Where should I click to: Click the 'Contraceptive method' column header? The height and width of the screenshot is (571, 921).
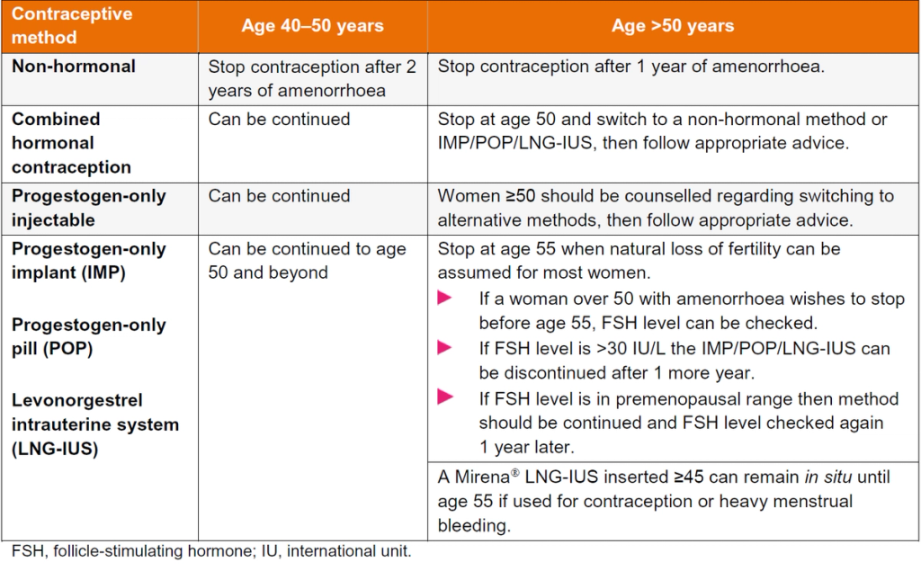coord(71,27)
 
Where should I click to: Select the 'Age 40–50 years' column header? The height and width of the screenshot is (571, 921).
coord(312,26)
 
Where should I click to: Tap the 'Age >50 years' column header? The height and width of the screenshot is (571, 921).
coord(673,26)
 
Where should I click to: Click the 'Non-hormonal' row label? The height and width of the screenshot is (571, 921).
coord(74,67)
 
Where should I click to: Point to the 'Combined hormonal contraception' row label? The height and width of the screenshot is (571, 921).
coord(72,143)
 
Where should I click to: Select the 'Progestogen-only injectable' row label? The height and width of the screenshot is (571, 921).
coord(89,208)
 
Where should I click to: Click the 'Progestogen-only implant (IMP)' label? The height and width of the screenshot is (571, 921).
coord(89,261)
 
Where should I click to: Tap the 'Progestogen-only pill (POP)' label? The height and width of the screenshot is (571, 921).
coord(89,336)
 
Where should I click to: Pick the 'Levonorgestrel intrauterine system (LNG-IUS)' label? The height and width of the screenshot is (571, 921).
coord(95,424)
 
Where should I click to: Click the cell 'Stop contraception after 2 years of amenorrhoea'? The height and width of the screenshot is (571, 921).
coord(312,78)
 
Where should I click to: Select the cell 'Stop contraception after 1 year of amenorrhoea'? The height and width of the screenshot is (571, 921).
coord(631,67)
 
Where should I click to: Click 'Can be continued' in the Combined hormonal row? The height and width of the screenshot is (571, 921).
coord(279,120)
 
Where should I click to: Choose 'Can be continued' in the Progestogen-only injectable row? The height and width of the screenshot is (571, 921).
coord(279,196)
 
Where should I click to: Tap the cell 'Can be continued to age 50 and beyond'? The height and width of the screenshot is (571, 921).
coord(307,261)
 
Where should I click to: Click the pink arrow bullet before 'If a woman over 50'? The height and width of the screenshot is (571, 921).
coord(443,299)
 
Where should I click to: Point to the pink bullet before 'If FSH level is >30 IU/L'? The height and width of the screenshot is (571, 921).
coord(443,348)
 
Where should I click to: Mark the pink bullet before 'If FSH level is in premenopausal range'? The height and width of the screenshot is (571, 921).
coord(443,397)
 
